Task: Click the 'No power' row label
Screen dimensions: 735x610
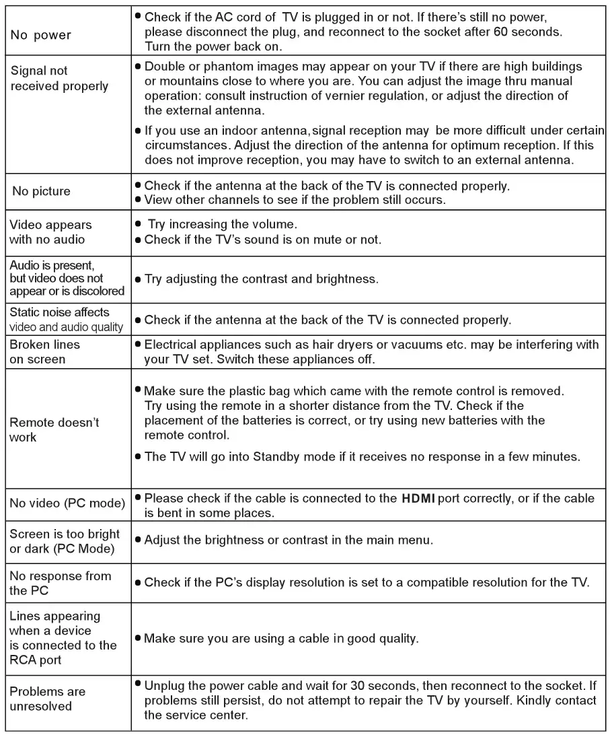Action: coord(40,35)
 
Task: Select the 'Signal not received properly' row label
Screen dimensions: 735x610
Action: coord(59,78)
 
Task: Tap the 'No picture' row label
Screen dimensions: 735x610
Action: coord(41,192)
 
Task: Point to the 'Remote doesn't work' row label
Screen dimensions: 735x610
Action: coord(54,429)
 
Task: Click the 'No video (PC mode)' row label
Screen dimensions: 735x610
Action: coord(67,503)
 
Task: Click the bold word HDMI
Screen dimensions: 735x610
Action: coord(418,499)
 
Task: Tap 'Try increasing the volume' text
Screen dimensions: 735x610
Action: coord(222,223)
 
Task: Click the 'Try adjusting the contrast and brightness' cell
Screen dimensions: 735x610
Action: coord(261,279)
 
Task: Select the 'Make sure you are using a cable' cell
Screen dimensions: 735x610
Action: coord(281,638)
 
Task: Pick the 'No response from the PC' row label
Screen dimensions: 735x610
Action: coord(60,583)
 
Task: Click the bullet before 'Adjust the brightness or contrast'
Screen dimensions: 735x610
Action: coord(137,540)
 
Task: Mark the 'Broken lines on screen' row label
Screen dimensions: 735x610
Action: coord(44,351)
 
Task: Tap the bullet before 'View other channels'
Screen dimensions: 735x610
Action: coord(137,200)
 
